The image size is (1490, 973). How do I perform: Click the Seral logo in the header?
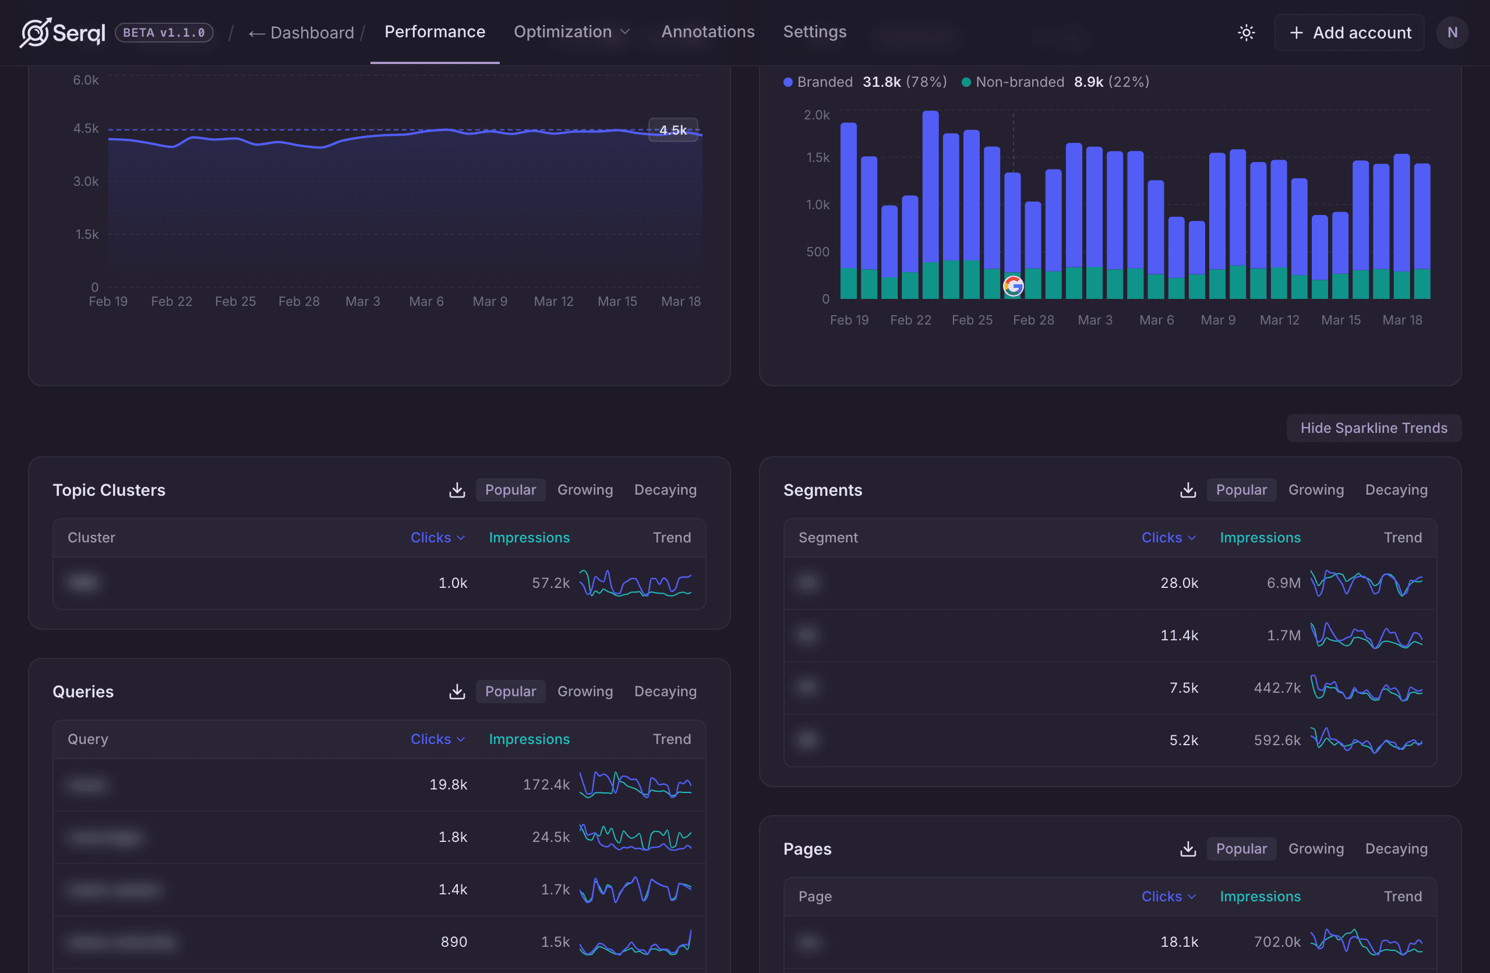click(62, 33)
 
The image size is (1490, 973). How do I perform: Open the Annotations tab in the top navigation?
click(708, 32)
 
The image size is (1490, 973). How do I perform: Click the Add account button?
click(1350, 33)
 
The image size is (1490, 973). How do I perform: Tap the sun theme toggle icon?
click(1246, 33)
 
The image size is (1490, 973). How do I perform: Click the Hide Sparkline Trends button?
click(1373, 428)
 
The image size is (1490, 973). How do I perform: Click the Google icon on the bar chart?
click(1012, 286)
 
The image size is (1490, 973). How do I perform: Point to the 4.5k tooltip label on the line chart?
click(673, 129)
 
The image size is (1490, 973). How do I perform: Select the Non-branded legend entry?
click(1019, 82)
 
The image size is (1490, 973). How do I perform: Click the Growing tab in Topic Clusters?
click(585, 489)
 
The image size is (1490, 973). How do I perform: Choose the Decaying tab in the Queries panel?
click(665, 691)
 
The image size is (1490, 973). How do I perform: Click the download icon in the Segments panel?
click(1188, 489)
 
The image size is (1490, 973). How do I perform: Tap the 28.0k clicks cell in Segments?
click(1179, 583)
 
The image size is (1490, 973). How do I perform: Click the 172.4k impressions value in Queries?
click(546, 785)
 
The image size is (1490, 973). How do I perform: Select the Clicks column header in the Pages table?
click(1167, 896)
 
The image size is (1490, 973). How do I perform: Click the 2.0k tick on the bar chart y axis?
click(817, 115)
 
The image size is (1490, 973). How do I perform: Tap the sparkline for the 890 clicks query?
click(635, 942)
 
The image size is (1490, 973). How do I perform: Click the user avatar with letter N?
click(1452, 33)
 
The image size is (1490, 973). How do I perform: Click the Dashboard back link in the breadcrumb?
click(301, 33)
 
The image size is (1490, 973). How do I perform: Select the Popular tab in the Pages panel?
click(1241, 848)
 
